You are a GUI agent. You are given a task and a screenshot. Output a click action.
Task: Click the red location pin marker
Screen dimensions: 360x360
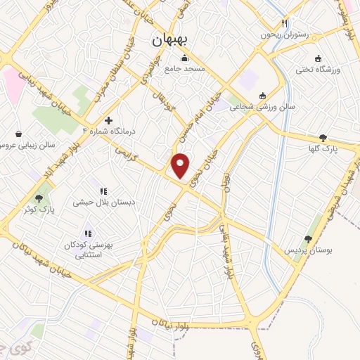tap(181, 165)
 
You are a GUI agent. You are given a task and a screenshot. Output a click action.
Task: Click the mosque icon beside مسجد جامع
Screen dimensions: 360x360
tap(184, 58)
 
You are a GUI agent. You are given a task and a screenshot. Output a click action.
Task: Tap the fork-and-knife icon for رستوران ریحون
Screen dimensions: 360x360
tap(303, 23)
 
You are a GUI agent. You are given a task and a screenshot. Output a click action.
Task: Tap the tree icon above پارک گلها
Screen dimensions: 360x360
tap(323, 139)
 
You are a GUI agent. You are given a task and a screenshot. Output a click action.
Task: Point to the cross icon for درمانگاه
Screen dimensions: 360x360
tap(108, 120)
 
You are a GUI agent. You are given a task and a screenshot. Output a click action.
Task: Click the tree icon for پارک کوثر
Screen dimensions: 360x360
tap(39, 198)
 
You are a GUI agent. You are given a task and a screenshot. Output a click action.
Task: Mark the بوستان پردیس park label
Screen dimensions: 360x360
tap(307, 250)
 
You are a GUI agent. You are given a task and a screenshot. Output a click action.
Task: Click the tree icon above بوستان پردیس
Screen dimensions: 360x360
tap(307, 239)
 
